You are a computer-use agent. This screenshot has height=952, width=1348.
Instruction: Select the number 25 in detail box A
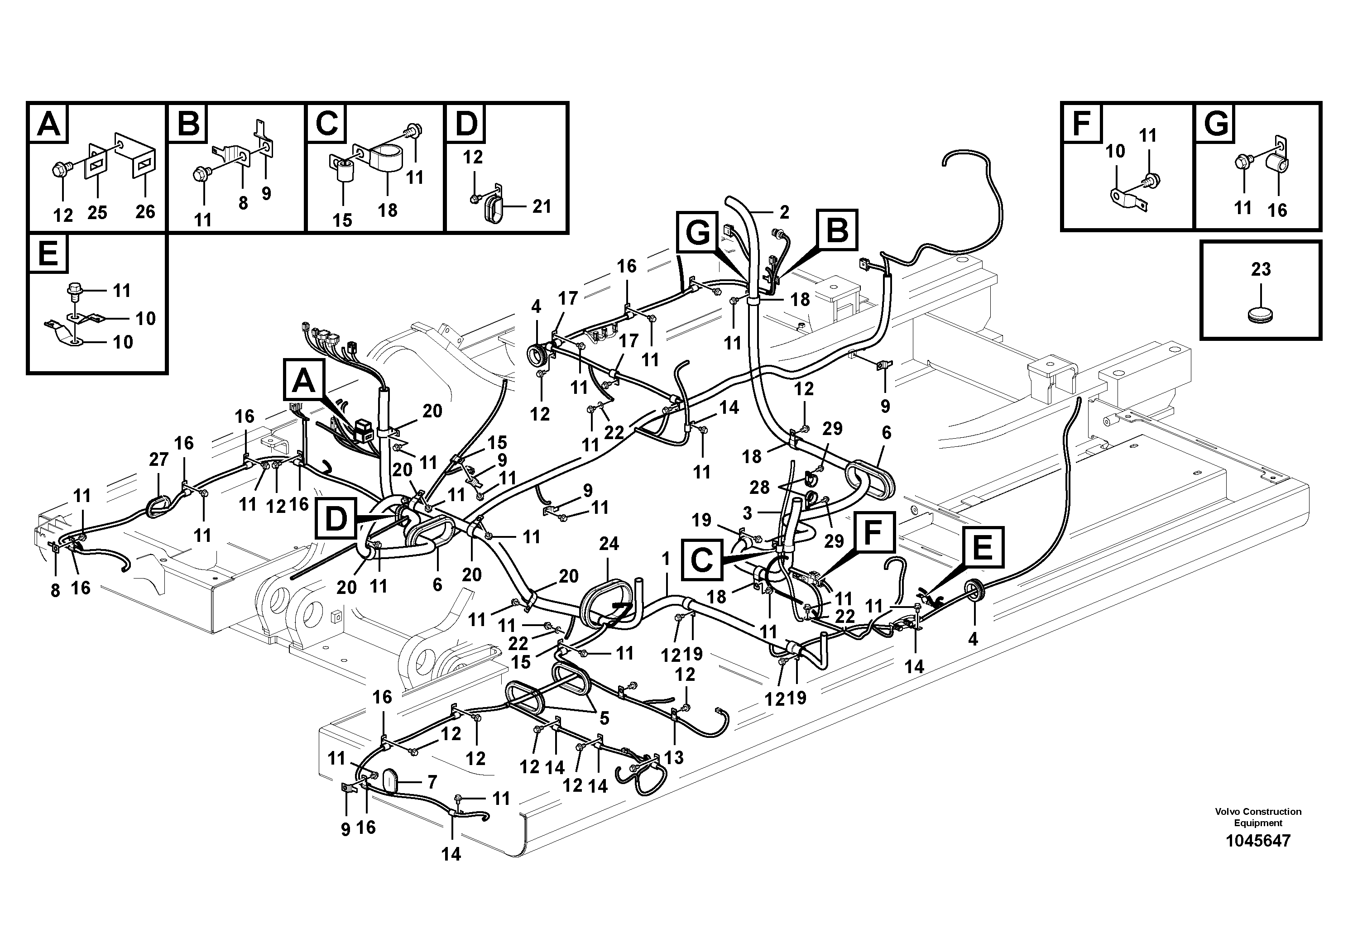(x=97, y=212)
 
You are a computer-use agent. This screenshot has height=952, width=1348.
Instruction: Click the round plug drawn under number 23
(x=1261, y=315)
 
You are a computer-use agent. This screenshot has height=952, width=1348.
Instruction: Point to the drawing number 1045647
(x=1257, y=841)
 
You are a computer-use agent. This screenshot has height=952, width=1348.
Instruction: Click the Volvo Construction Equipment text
(x=1257, y=817)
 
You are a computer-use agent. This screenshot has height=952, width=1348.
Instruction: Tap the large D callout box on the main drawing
(x=336, y=519)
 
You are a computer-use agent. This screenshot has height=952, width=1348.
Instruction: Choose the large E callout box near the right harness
(x=982, y=548)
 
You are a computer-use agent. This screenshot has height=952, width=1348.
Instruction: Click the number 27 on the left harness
(x=158, y=459)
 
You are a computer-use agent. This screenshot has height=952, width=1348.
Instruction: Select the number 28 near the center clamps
(x=760, y=487)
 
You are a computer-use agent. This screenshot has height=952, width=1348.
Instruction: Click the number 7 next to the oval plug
(x=432, y=782)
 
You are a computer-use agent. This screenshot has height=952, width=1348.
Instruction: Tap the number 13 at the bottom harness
(x=673, y=757)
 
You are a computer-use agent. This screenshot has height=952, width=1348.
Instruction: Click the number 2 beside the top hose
(x=784, y=211)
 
